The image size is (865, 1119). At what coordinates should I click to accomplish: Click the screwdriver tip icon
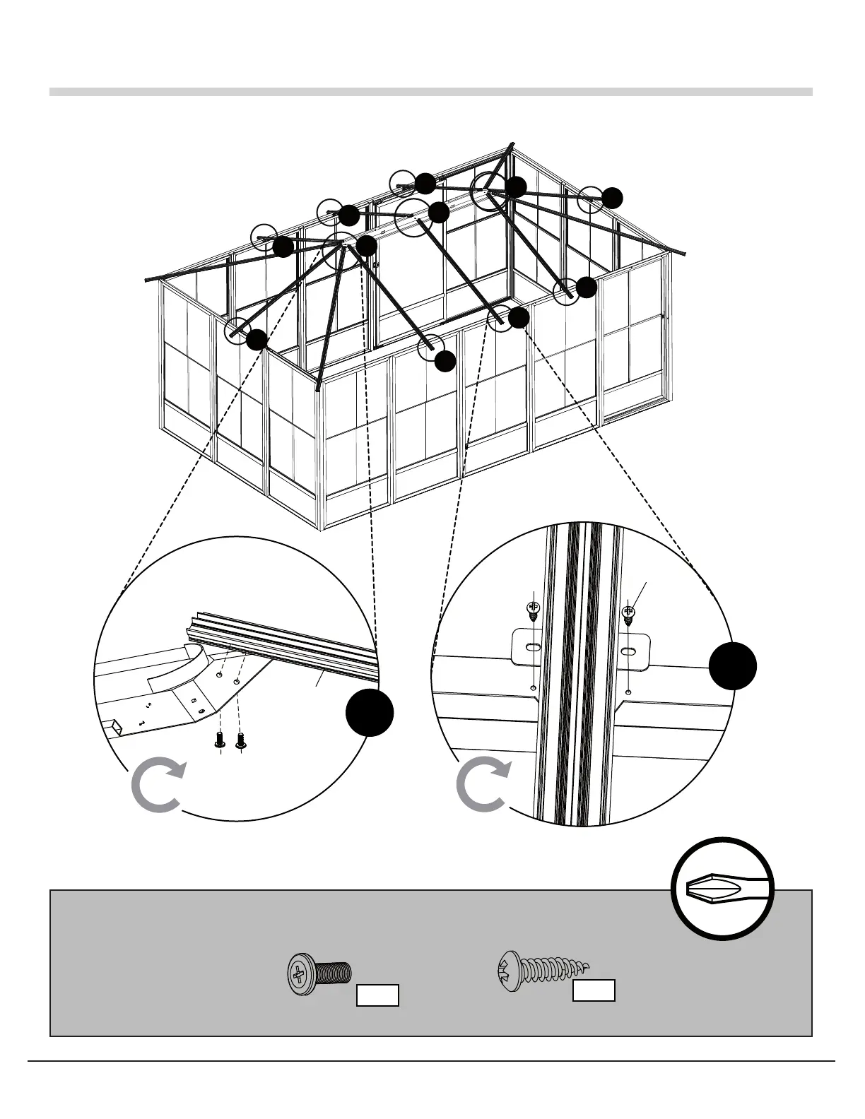pos(722,888)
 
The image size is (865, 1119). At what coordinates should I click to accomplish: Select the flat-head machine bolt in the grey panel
pos(318,976)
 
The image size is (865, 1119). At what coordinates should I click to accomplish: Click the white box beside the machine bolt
pos(377,995)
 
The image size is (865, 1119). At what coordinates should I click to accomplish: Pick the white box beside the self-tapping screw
pos(594,990)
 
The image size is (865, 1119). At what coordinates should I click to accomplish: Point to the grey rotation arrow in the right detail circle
pos(483,786)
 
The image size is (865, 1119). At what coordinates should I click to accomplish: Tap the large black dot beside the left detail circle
pos(370,713)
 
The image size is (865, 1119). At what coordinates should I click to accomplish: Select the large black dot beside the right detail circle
pos(733,665)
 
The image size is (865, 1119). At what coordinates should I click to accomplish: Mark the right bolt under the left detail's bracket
pos(241,740)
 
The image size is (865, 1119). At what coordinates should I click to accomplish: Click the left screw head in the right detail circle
pos(534,609)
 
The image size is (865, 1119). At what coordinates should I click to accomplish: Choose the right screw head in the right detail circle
pos(628,612)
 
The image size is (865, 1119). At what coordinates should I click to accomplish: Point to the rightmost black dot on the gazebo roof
pos(613,197)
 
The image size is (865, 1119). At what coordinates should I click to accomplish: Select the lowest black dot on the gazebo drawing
pos(445,361)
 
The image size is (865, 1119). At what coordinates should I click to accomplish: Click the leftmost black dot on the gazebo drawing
pos(257,339)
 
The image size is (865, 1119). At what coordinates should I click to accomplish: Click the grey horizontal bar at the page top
pos(431,92)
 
